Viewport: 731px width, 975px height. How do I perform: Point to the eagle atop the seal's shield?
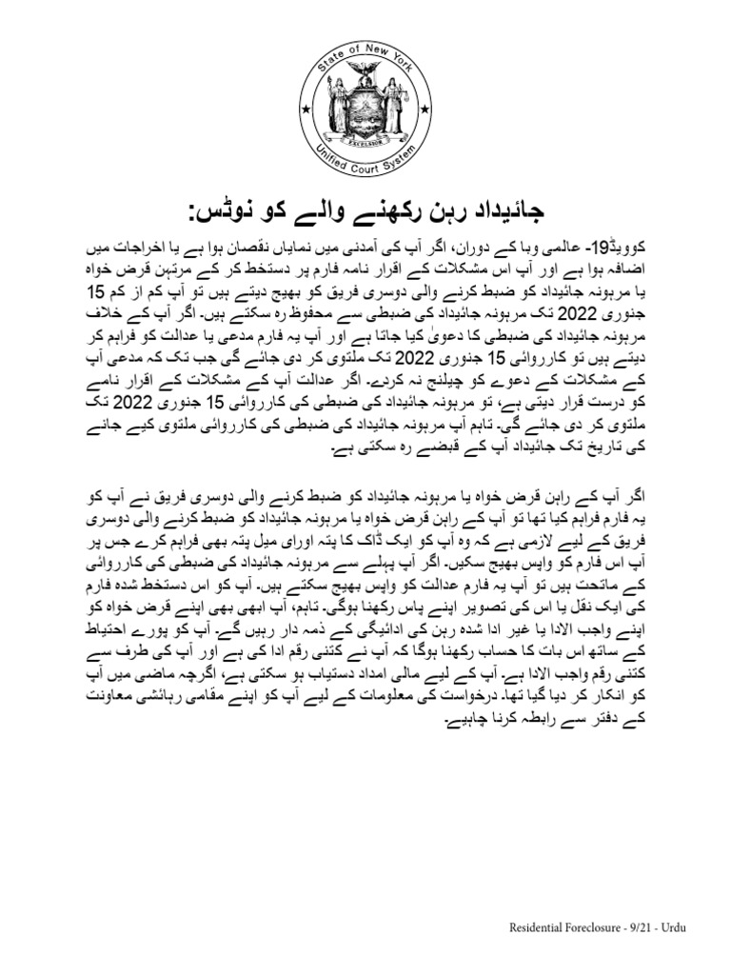click(x=366, y=73)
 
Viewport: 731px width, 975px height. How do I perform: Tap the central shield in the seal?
click(x=366, y=109)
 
